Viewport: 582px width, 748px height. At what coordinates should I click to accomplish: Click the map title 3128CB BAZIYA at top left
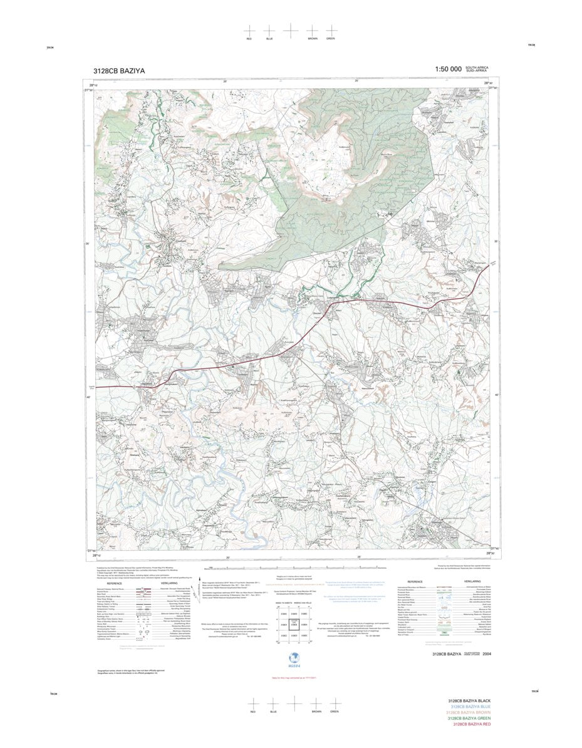click(119, 71)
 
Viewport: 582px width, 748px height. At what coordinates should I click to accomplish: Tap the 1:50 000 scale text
click(448, 69)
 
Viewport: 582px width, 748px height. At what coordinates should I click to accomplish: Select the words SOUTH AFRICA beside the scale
click(477, 67)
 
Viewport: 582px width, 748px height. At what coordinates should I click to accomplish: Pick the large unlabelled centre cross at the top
click(291, 30)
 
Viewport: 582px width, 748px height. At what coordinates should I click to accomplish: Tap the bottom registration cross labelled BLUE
click(273, 703)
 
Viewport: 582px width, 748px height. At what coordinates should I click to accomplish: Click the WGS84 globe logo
click(291, 656)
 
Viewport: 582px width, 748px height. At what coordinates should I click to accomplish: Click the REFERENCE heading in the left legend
click(114, 583)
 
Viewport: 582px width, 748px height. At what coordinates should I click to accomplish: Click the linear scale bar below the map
click(291, 567)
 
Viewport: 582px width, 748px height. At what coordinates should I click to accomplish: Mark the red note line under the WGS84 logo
click(291, 678)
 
